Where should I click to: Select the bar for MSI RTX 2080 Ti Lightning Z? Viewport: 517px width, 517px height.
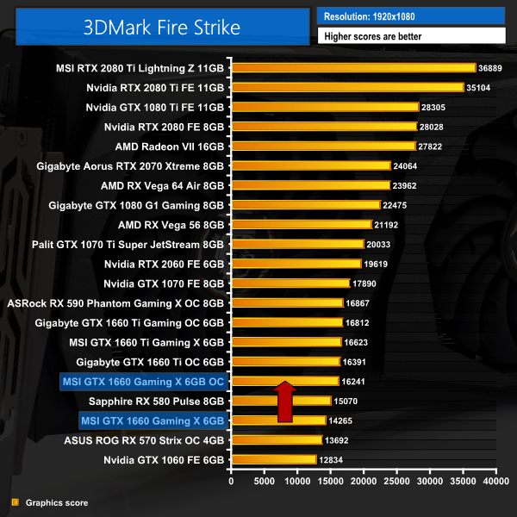click(x=353, y=68)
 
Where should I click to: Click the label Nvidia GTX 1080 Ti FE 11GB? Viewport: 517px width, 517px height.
click(x=155, y=108)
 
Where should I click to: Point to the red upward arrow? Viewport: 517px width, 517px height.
click(x=285, y=402)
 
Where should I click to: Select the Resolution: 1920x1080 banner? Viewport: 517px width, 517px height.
click(x=411, y=16)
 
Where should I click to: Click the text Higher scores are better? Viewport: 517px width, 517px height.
click(x=411, y=36)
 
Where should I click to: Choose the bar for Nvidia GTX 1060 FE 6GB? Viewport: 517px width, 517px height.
click(x=273, y=459)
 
